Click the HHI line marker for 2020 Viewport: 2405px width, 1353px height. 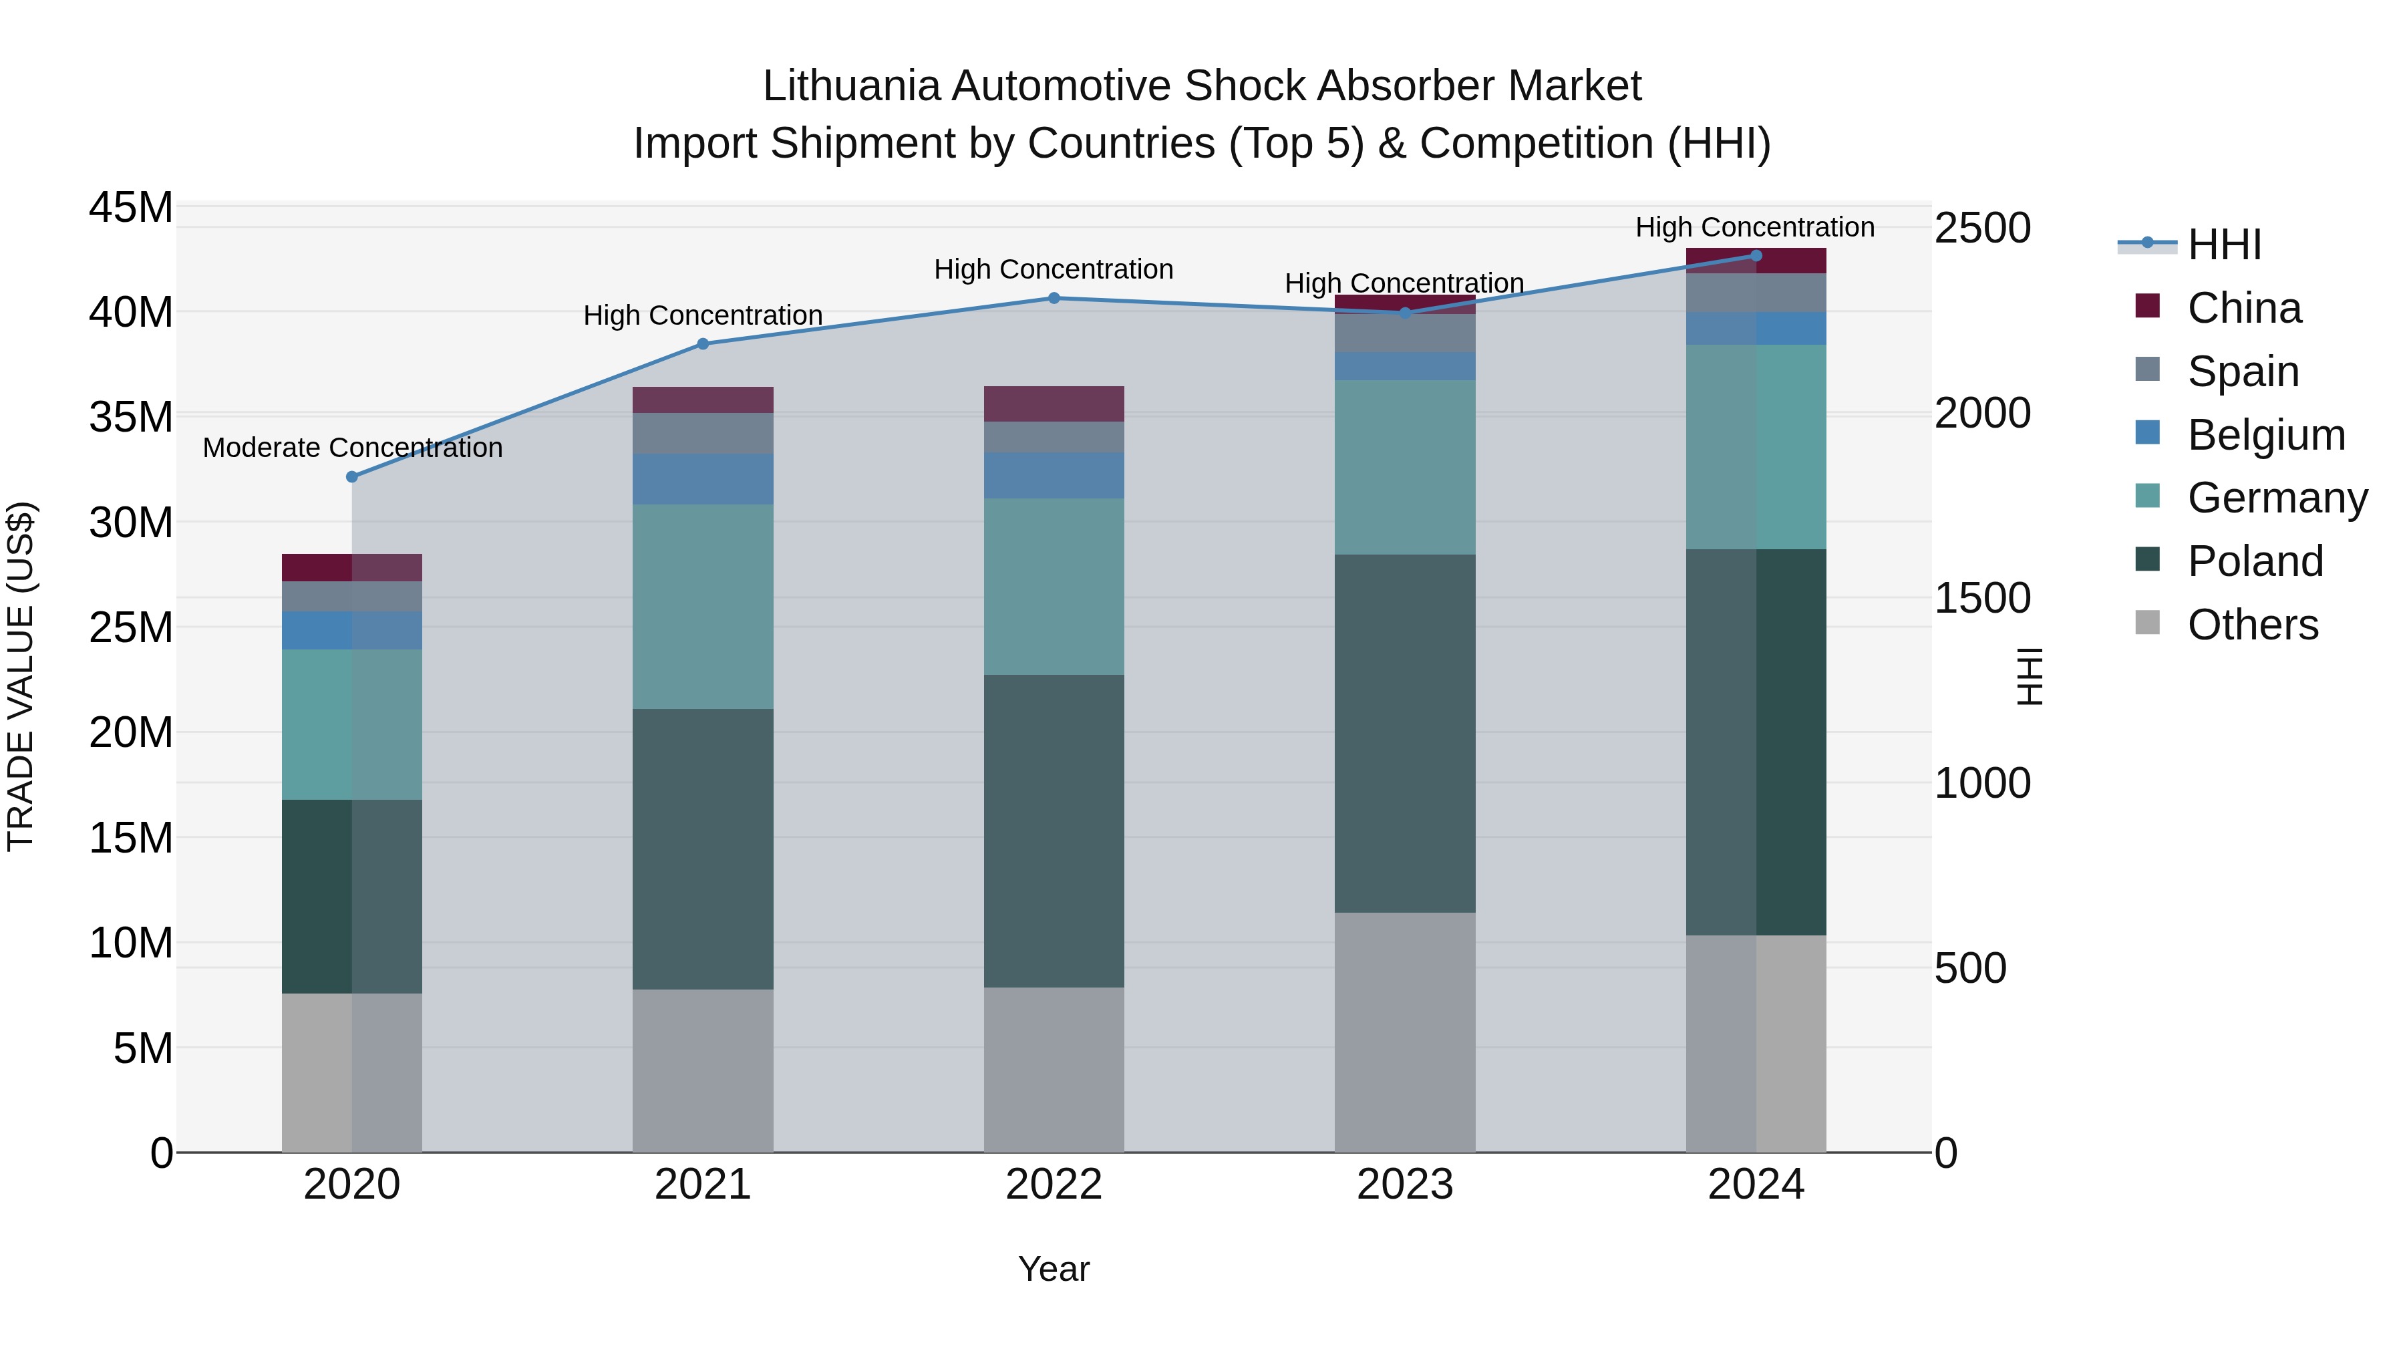click(352, 477)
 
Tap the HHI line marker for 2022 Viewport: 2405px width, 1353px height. click(1054, 298)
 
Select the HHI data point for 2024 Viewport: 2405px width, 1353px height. click(1756, 256)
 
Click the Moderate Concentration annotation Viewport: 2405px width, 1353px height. click(352, 448)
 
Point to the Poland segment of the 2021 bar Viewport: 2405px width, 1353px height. click(703, 848)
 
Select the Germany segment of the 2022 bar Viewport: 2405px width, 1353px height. click(1054, 587)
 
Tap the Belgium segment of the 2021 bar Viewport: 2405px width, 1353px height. click(703, 479)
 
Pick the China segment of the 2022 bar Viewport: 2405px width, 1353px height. click(1054, 404)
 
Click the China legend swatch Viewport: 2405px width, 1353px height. click(2147, 307)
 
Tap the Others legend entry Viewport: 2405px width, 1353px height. click(2252, 625)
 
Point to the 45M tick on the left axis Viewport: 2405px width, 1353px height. click(131, 207)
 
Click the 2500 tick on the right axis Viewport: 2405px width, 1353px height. click(1981, 228)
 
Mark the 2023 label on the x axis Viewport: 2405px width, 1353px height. click(1405, 1185)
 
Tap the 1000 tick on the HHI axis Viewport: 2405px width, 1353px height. click(1981, 782)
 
